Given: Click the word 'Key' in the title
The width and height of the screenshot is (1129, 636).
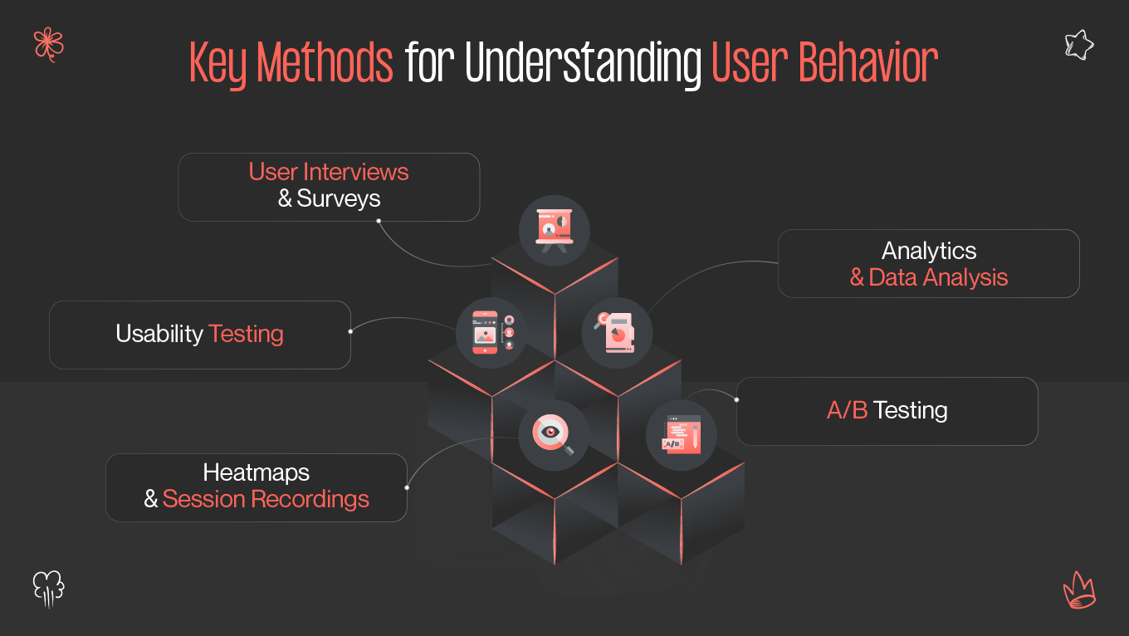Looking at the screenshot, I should (218, 62).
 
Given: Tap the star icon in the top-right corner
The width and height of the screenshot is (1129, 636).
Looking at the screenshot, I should (1078, 45).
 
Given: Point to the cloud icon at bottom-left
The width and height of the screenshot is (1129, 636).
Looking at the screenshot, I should (48, 588).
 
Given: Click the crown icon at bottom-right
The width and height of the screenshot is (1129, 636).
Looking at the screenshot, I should (1079, 590).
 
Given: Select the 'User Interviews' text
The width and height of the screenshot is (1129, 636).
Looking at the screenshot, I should (329, 172).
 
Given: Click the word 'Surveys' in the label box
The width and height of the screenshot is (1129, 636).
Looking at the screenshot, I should (339, 199).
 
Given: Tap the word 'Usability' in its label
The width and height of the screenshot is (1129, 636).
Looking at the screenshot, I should (159, 334).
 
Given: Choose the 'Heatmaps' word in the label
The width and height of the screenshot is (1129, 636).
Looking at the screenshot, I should (256, 472).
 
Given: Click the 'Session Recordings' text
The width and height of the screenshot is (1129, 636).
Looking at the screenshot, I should (266, 499).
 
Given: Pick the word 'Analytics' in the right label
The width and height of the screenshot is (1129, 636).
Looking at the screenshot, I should (929, 251).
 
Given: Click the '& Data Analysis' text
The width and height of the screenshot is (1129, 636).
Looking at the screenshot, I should (929, 277).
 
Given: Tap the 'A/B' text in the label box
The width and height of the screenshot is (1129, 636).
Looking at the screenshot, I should (847, 410).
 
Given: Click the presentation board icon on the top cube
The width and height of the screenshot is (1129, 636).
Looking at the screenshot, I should (554, 229).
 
